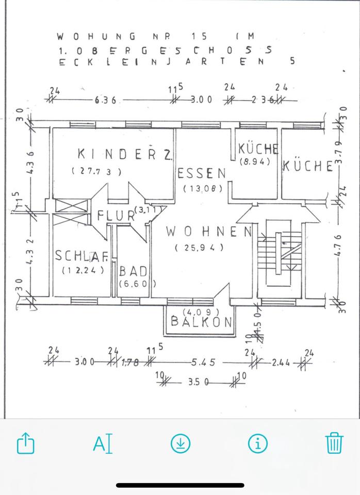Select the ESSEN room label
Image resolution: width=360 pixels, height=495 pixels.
pyautogui.click(x=202, y=173)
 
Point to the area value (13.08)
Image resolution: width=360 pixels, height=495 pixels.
pyautogui.click(x=203, y=189)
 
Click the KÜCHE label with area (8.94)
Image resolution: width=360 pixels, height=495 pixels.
pyautogui.click(x=258, y=149)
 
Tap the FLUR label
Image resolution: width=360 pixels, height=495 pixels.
pyautogui.click(x=116, y=216)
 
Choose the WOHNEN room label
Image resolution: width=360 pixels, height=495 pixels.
pyautogui.click(x=208, y=232)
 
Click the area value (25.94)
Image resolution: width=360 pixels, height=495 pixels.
pyautogui.click(x=199, y=247)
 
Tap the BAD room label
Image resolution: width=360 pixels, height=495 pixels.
pyautogui.click(x=134, y=271)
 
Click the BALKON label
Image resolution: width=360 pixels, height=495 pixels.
pyautogui.click(x=202, y=321)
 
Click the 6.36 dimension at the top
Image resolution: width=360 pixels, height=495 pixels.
pyautogui.click(x=106, y=100)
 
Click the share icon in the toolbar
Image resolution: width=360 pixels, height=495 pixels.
pyautogui.click(x=25, y=443)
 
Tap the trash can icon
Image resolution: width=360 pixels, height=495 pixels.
pyautogui.click(x=334, y=443)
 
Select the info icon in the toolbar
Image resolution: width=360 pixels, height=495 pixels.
pyautogui.click(x=257, y=443)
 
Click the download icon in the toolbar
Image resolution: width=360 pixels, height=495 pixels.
pyautogui.click(x=181, y=443)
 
